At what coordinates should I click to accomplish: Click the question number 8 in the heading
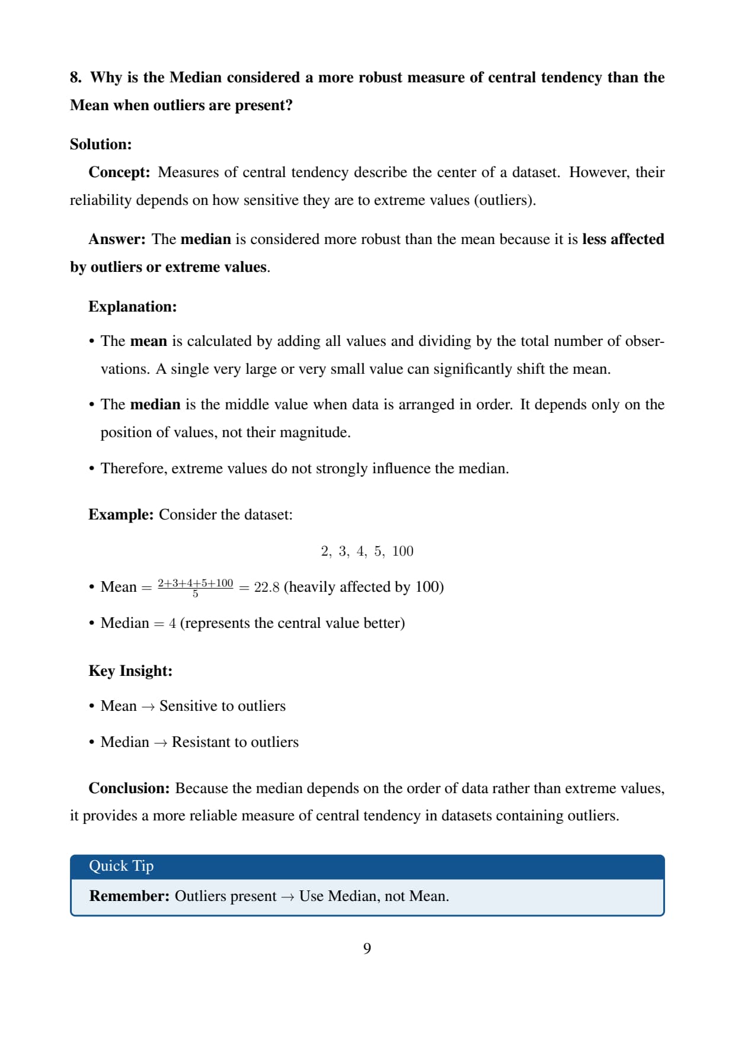tap(75, 78)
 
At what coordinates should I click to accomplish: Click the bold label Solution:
tap(101, 145)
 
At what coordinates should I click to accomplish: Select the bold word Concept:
tap(119, 172)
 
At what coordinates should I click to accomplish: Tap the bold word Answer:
tap(117, 239)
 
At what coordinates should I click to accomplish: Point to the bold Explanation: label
tap(132, 307)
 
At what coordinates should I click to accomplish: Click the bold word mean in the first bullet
tap(148, 341)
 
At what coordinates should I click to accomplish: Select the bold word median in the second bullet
tap(155, 405)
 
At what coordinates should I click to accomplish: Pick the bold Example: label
tap(121, 515)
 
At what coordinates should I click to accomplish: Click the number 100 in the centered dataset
tap(402, 551)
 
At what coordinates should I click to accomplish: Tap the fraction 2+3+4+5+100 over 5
tap(195, 587)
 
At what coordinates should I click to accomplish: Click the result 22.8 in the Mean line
tap(267, 588)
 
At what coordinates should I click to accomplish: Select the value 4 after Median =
tap(172, 624)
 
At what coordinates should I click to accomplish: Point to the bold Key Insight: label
tap(130, 671)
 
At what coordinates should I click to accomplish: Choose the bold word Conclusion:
tap(129, 788)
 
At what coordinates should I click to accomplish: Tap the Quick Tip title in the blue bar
tap(121, 866)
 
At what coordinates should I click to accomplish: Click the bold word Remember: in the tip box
tap(129, 896)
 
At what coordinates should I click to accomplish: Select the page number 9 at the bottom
tap(367, 949)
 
